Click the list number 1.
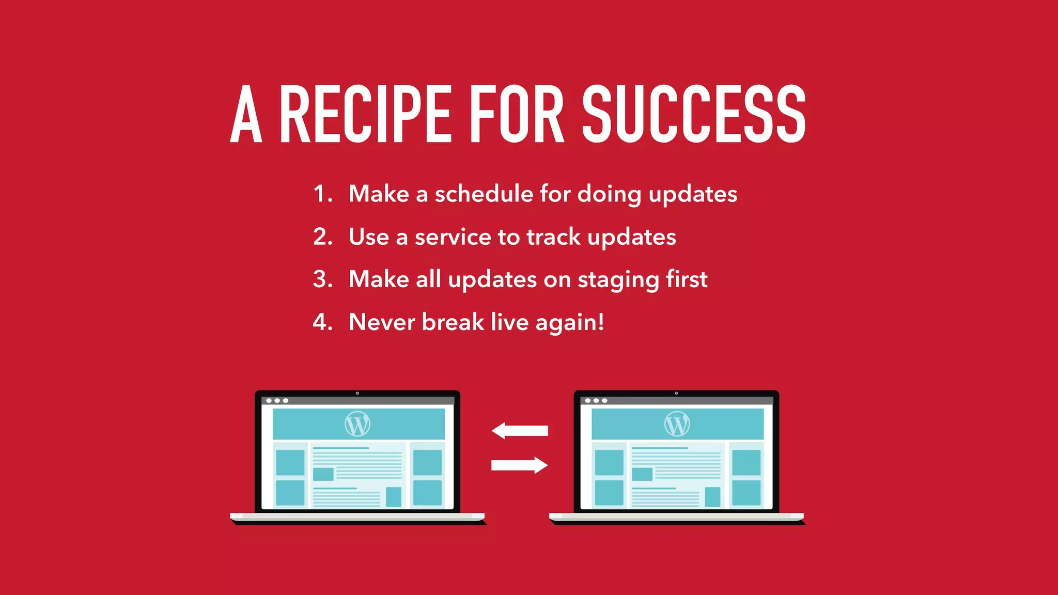321,194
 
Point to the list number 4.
321,322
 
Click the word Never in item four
382,322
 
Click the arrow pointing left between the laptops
519,430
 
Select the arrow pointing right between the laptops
519,465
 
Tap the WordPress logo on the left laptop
357,424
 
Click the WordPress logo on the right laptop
677,424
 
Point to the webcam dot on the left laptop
357,393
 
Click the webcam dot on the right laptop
676,393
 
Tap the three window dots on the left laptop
277,401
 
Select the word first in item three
686,279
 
